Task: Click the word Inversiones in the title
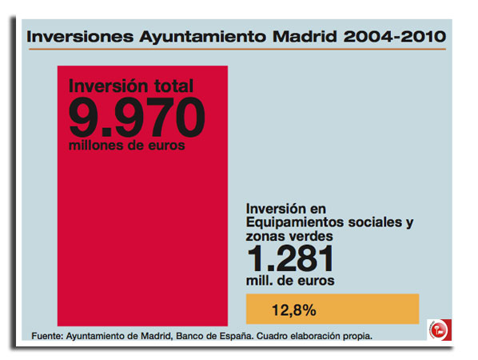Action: click(80, 37)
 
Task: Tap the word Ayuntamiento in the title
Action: click(203, 38)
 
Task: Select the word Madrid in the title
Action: click(305, 37)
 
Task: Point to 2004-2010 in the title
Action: click(395, 37)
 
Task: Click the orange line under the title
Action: click(237, 49)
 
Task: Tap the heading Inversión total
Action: click(131, 86)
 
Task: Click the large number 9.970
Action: click(137, 118)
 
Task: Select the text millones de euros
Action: click(127, 146)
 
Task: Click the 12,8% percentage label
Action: click(294, 310)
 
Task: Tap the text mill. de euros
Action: click(290, 280)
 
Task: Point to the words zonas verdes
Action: click(289, 236)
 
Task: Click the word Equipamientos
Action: click(295, 222)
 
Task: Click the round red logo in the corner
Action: click(439, 330)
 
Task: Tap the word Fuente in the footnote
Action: click(47, 336)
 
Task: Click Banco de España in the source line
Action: click(214, 336)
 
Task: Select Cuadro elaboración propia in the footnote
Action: click(314, 336)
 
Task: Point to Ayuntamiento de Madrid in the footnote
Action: click(120, 337)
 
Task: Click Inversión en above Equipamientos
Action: click(286, 209)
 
